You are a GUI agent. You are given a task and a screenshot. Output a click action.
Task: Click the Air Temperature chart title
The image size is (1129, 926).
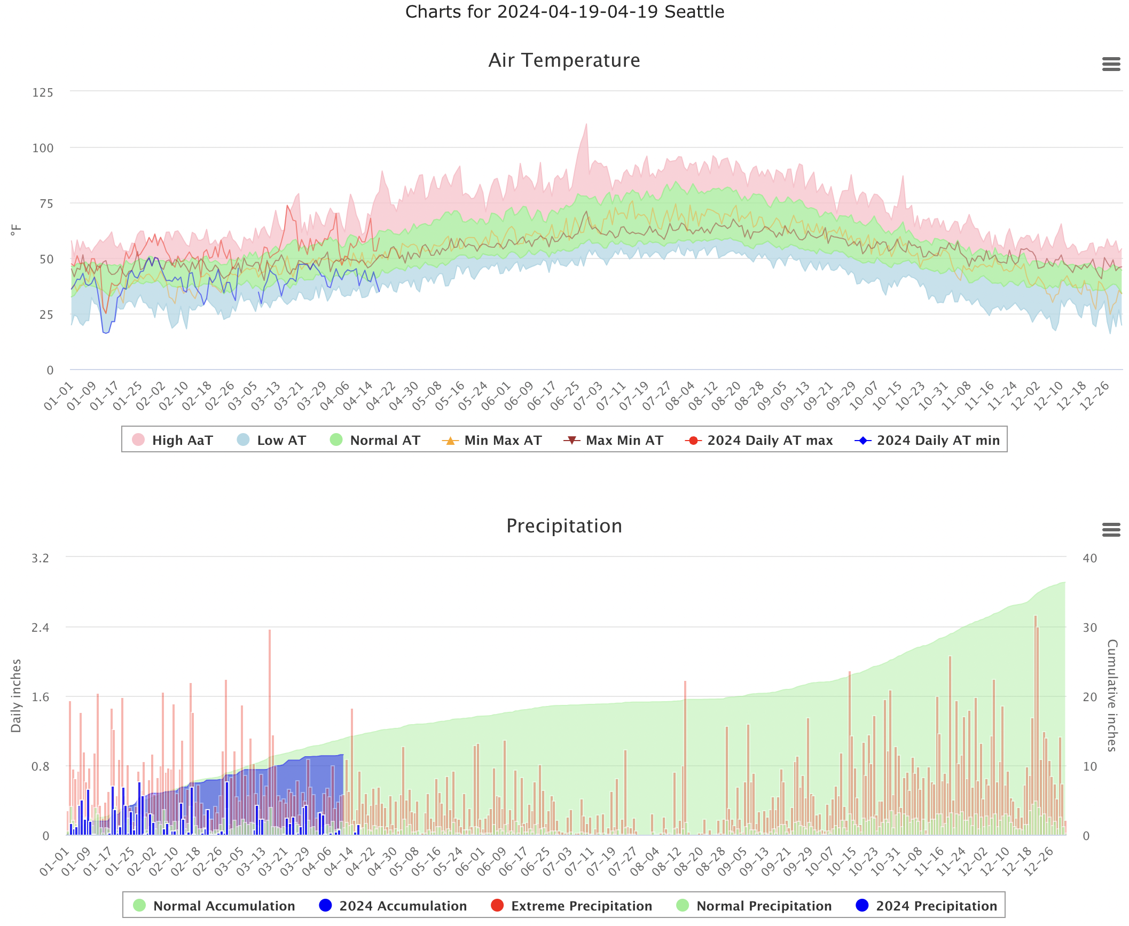pyautogui.click(x=564, y=60)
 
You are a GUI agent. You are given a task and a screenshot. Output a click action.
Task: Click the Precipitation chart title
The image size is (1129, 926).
pyautogui.click(x=564, y=526)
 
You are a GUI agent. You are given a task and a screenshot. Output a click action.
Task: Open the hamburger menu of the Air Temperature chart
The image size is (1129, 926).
pyautogui.click(x=1111, y=64)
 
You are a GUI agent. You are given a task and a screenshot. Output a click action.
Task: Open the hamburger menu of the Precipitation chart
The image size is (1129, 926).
pyautogui.click(x=1111, y=530)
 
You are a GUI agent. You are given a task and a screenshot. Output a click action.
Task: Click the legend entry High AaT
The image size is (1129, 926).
pyautogui.click(x=172, y=440)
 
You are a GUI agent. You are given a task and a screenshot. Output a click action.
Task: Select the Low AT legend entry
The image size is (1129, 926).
pyautogui.click(x=271, y=440)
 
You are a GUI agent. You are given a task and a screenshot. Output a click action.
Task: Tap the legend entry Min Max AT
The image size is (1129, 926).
pyautogui.click(x=492, y=440)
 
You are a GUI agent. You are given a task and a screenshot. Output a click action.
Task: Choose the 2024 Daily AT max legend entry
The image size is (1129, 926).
pyautogui.click(x=759, y=440)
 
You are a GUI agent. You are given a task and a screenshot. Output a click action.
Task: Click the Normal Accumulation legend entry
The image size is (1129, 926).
pyautogui.click(x=214, y=906)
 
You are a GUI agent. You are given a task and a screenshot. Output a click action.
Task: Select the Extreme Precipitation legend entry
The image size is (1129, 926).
pyautogui.click(x=571, y=906)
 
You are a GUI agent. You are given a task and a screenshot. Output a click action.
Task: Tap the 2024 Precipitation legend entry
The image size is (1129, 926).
pyautogui.click(x=927, y=906)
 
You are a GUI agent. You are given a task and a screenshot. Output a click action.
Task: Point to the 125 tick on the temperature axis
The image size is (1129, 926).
pyautogui.click(x=43, y=92)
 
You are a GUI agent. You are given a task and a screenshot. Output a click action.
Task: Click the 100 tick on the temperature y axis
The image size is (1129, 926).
pyautogui.click(x=43, y=148)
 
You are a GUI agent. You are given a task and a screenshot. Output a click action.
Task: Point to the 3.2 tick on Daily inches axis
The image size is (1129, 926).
pyautogui.click(x=40, y=558)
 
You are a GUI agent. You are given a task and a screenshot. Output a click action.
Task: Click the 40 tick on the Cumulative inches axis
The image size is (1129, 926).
pyautogui.click(x=1089, y=558)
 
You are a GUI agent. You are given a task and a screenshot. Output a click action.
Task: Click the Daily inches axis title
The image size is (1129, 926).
pyautogui.click(x=16, y=695)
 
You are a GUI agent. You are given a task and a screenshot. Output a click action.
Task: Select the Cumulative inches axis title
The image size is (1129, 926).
pyautogui.click(x=1112, y=695)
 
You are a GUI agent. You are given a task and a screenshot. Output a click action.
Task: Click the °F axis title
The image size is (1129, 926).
pyautogui.click(x=16, y=230)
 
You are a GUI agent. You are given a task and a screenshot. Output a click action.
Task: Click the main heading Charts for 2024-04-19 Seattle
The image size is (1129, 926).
pyautogui.click(x=564, y=12)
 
